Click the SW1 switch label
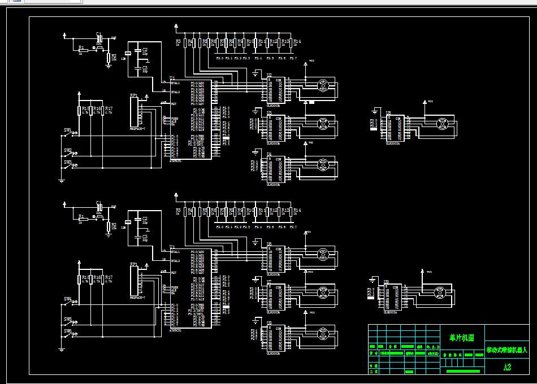[x=67, y=131]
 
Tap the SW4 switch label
[x=67, y=299]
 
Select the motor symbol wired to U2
[x=323, y=86]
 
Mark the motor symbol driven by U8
[x=323, y=333]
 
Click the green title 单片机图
[x=462, y=338]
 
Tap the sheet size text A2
[x=507, y=367]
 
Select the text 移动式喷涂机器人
[x=506, y=350]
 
